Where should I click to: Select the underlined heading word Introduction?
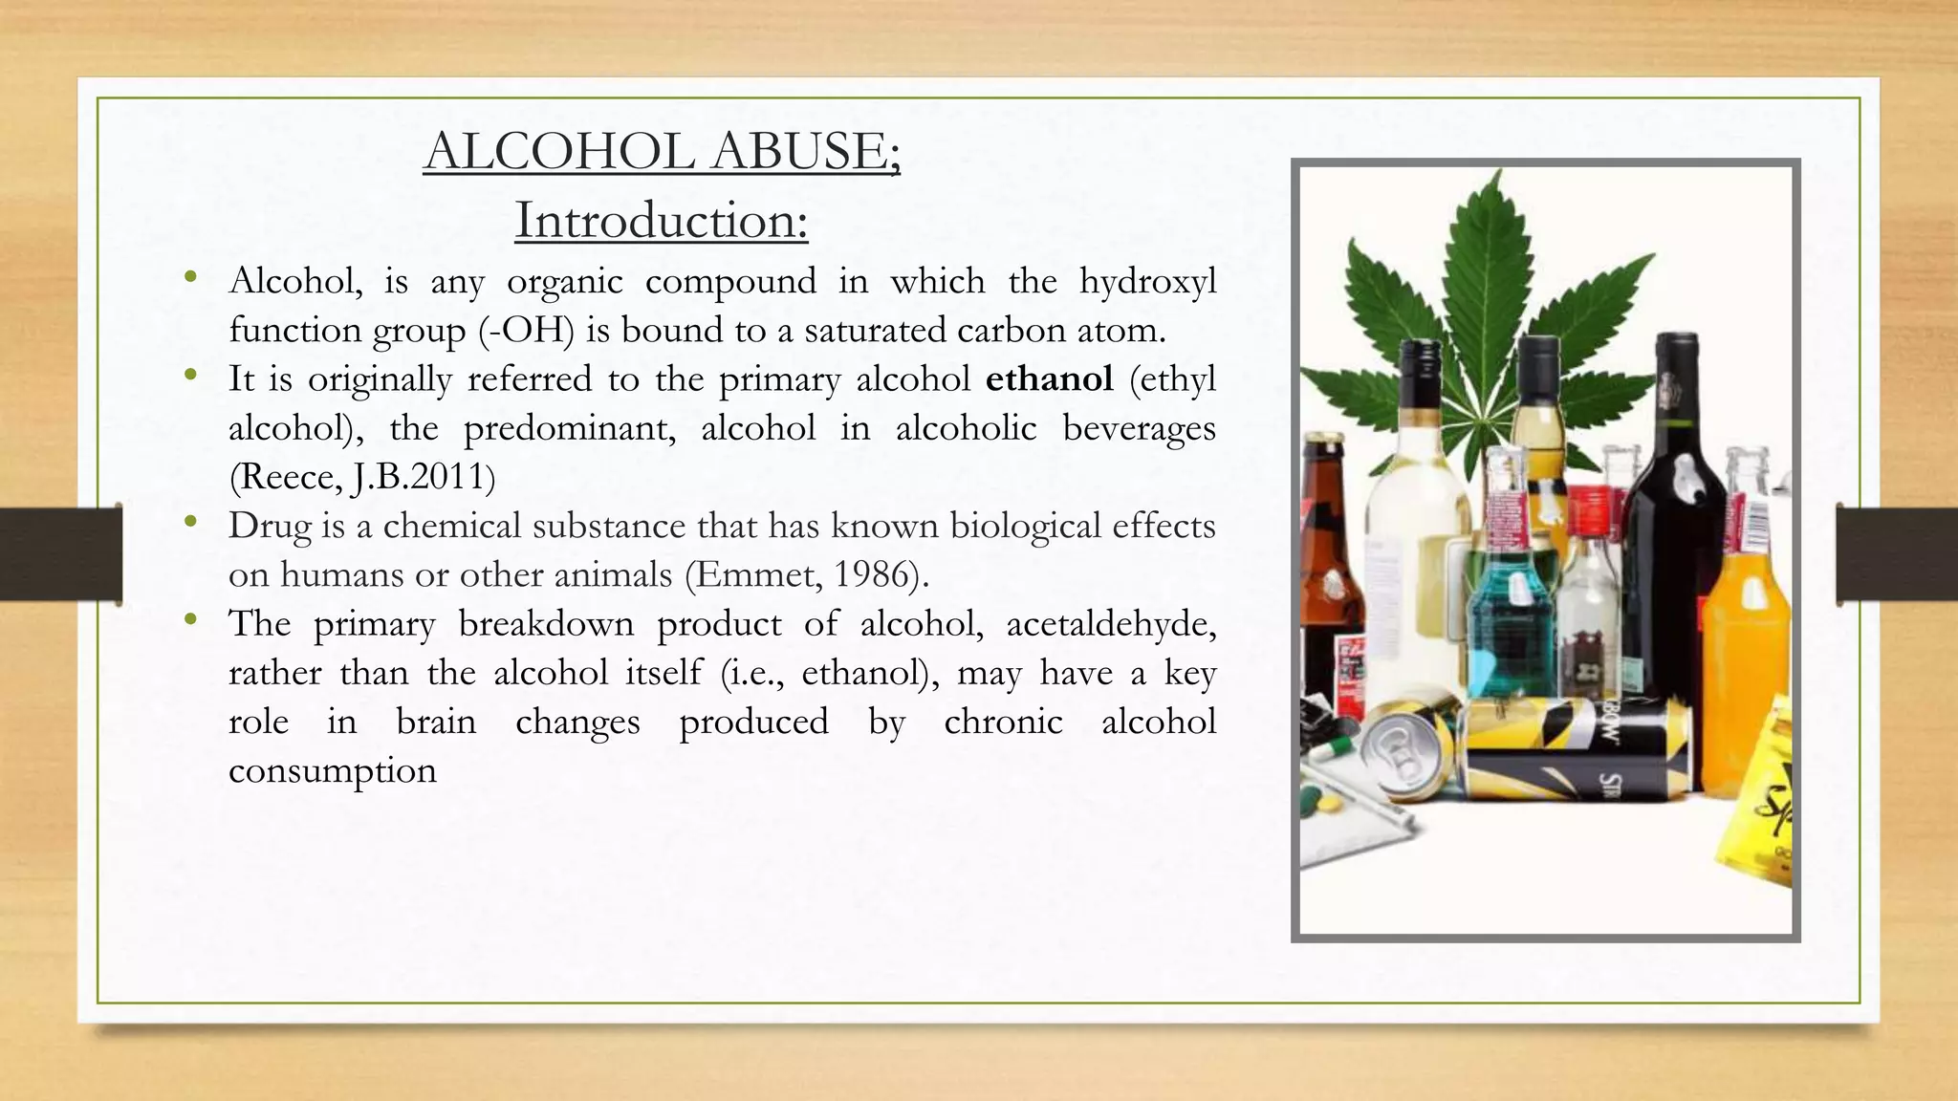[x=661, y=221]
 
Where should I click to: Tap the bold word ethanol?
[x=1049, y=379]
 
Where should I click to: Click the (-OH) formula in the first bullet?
[x=526, y=331]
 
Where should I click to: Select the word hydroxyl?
[x=1147, y=282]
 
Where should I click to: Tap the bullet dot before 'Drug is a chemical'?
[x=191, y=522]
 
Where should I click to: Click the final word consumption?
[x=333, y=770]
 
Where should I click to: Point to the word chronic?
[x=1003, y=722]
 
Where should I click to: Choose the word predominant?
[x=570, y=428]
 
